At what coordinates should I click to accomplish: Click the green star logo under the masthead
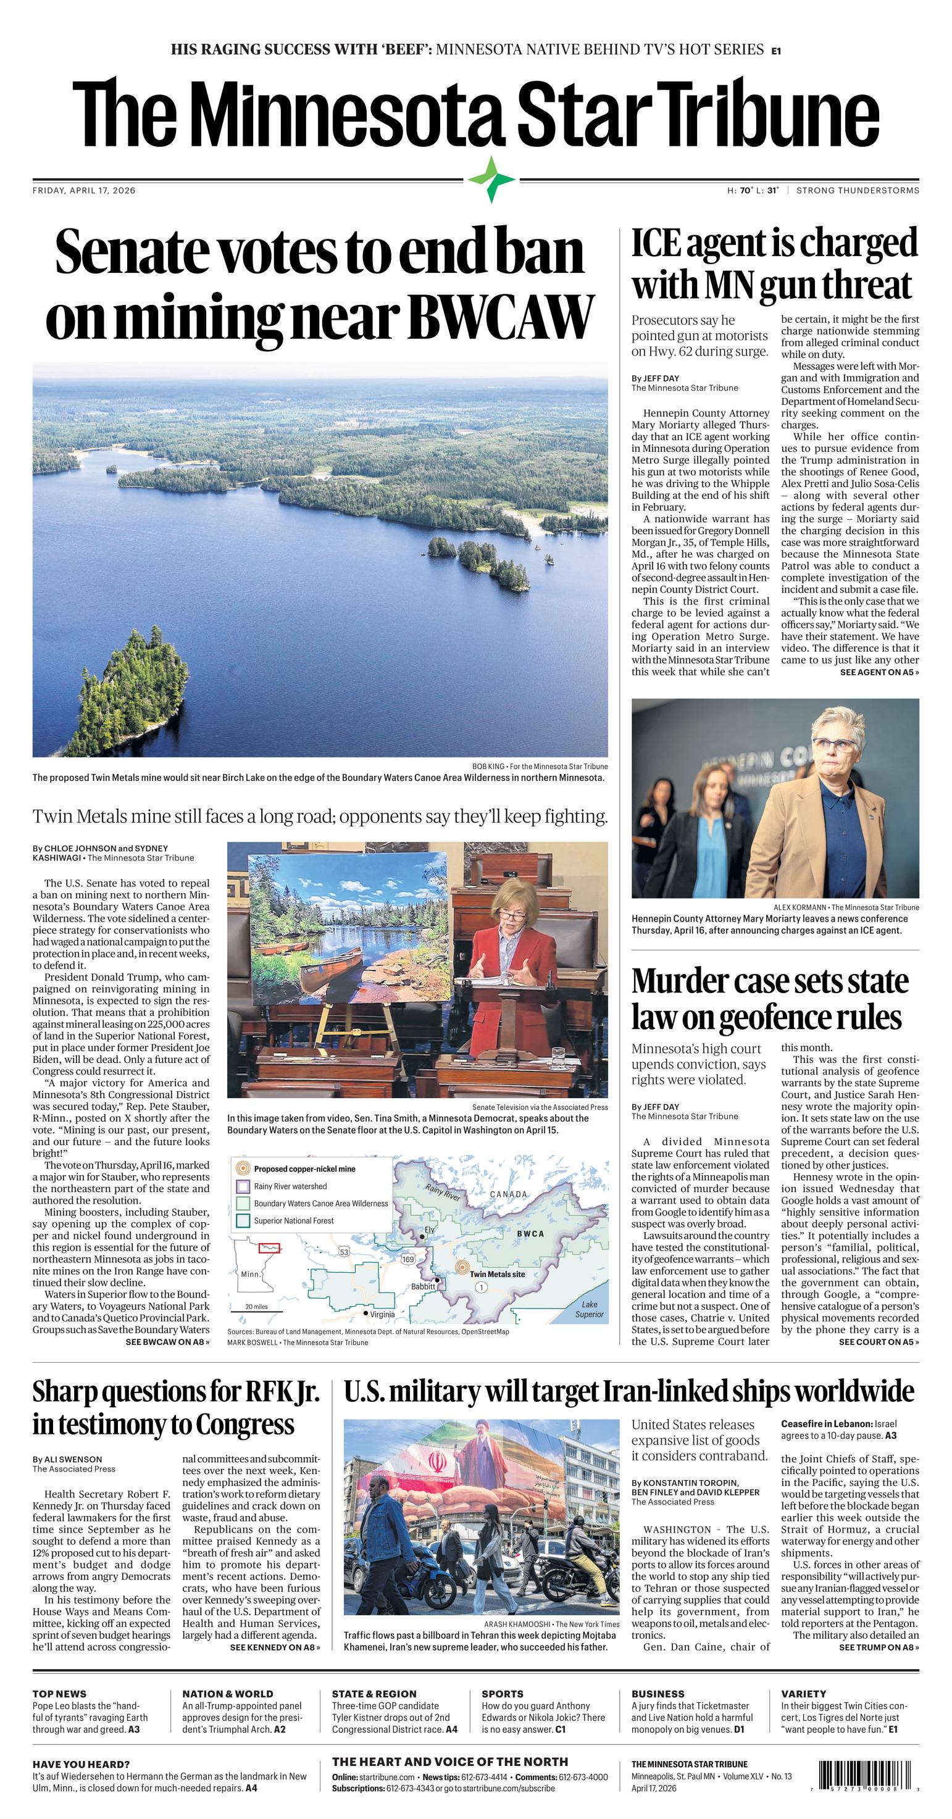tap(491, 180)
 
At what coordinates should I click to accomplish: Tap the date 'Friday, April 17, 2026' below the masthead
tap(84, 190)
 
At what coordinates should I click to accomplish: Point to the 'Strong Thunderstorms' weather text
tap(858, 190)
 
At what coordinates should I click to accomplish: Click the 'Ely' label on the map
tap(428, 1230)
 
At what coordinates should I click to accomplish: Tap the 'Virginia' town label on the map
tap(382, 1314)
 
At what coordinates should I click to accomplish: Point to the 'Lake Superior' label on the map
tap(589, 1309)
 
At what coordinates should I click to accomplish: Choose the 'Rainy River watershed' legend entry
tap(290, 1186)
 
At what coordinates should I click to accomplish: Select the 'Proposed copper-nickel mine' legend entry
tap(304, 1168)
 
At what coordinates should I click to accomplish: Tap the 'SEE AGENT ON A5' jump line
tap(879, 672)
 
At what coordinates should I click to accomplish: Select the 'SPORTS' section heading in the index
tap(502, 1693)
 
